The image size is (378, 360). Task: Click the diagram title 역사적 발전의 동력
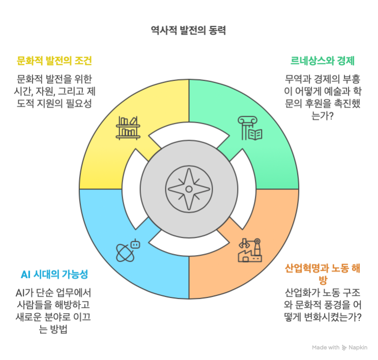point(188,31)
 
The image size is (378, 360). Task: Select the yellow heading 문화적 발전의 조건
point(54,61)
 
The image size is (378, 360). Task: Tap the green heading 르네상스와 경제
point(323,61)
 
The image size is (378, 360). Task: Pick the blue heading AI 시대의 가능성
point(54,274)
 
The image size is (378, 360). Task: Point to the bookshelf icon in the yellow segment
point(128,128)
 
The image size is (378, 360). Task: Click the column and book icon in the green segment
point(250,128)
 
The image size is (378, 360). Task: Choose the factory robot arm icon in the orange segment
point(250,250)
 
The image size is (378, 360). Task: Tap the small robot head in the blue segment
point(135,244)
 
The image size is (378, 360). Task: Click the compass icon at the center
point(189,189)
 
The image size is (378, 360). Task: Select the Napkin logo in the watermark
point(344,348)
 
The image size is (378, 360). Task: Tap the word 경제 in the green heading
point(346,61)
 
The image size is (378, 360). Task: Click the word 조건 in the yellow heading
point(83,61)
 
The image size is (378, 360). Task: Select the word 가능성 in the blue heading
point(75,274)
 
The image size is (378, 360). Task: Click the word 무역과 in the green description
point(298,79)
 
